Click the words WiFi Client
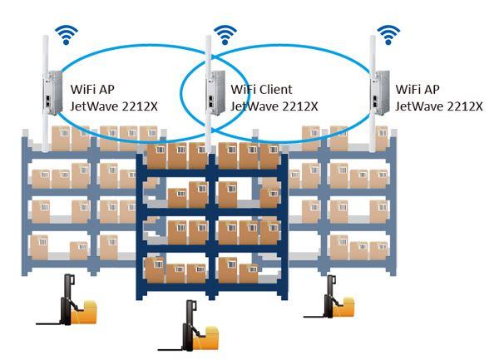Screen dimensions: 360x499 261,89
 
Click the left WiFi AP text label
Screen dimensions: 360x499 93,89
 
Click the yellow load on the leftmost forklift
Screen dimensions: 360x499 86,314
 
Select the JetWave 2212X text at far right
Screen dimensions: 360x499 439,106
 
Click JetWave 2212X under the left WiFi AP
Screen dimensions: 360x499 114,106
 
